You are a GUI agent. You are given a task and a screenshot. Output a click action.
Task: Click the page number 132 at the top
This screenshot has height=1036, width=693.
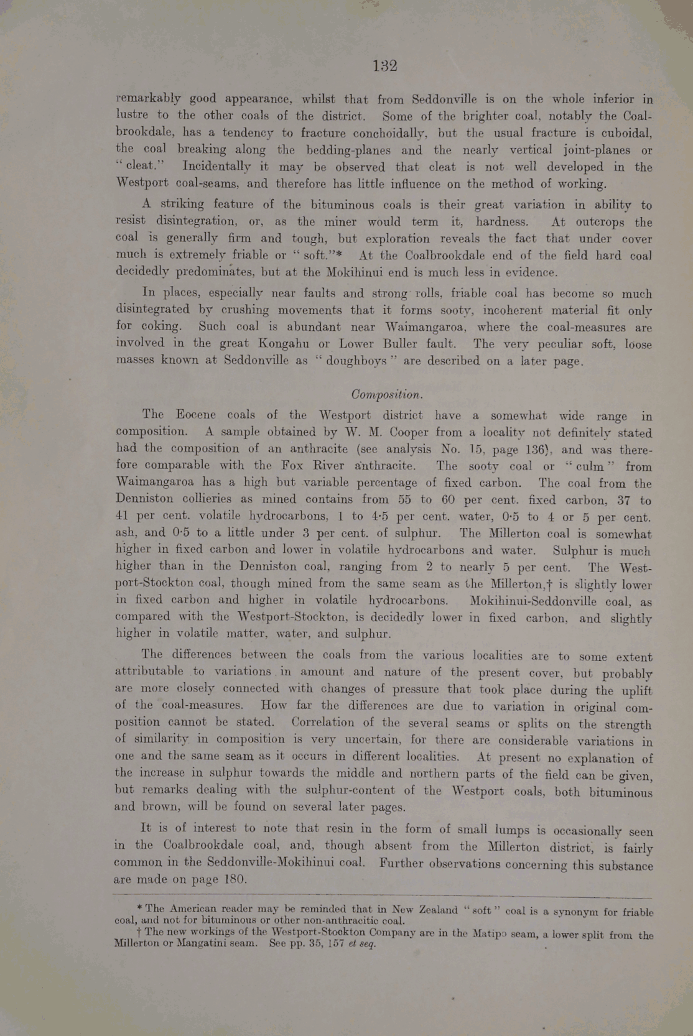[385, 66]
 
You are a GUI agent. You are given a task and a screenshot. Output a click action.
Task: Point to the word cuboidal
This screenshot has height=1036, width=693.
[627, 133]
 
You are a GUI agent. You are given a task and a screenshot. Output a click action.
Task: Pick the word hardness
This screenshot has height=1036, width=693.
[501, 222]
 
